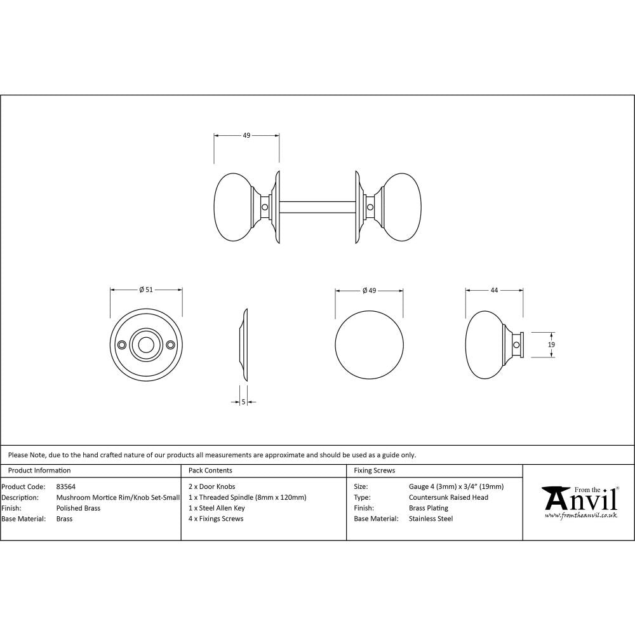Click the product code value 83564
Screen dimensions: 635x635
(x=65, y=487)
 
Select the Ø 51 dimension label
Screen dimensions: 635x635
(x=146, y=290)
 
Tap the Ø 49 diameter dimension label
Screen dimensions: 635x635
(x=369, y=290)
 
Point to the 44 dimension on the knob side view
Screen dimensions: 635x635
(x=494, y=290)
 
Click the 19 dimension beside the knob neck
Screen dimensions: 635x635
(x=551, y=344)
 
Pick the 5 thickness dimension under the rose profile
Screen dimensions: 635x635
(x=243, y=401)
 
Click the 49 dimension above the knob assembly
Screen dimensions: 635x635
(x=246, y=135)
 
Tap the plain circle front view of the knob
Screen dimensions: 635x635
(x=369, y=344)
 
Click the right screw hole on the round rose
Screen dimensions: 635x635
(x=171, y=345)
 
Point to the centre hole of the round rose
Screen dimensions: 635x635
(x=146, y=345)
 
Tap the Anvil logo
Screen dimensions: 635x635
(x=580, y=499)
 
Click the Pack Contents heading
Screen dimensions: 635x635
(x=210, y=471)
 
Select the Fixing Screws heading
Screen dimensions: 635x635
(x=374, y=471)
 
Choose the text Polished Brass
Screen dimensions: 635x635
(x=78, y=508)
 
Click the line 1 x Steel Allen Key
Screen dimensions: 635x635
(x=217, y=508)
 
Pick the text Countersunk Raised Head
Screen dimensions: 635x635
(x=448, y=497)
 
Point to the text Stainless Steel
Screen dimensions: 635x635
(x=431, y=519)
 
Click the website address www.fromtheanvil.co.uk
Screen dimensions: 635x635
(x=580, y=516)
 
